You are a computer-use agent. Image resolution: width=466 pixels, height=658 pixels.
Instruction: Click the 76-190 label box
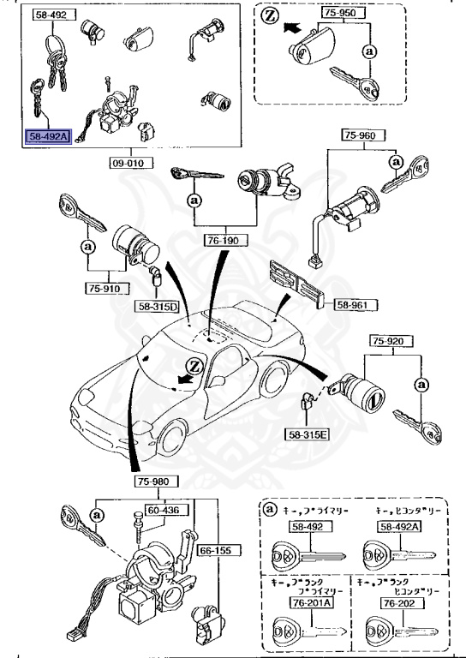220,242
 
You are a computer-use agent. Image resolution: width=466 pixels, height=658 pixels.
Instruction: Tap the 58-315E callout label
308,435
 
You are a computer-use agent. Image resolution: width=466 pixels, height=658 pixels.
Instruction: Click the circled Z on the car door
194,363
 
